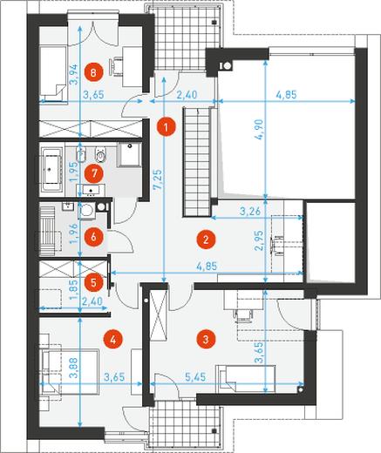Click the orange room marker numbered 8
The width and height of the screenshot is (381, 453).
tap(93, 72)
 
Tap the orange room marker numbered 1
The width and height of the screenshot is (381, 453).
tap(166, 127)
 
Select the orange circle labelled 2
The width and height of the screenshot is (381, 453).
tap(206, 240)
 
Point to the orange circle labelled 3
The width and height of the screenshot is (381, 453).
tap(206, 339)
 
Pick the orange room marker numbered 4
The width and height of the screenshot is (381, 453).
tap(113, 339)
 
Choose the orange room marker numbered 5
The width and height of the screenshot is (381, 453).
tap(93, 282)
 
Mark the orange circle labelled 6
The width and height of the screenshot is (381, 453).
tap(93, 237)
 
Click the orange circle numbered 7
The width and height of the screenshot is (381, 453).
tap(93, 173)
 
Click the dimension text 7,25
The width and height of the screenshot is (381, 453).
tap(159, 180)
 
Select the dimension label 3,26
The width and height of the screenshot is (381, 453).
tap(250, 212)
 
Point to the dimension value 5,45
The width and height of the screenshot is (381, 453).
tap(195, 377)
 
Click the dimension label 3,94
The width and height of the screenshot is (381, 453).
tap(75, 74)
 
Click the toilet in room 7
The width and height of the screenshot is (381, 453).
tap(100, 155)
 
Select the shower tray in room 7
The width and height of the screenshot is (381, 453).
tap(130, 154)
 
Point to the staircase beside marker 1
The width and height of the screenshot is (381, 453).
tap(197, 162)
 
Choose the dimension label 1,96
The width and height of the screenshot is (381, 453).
tap(75, 233)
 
